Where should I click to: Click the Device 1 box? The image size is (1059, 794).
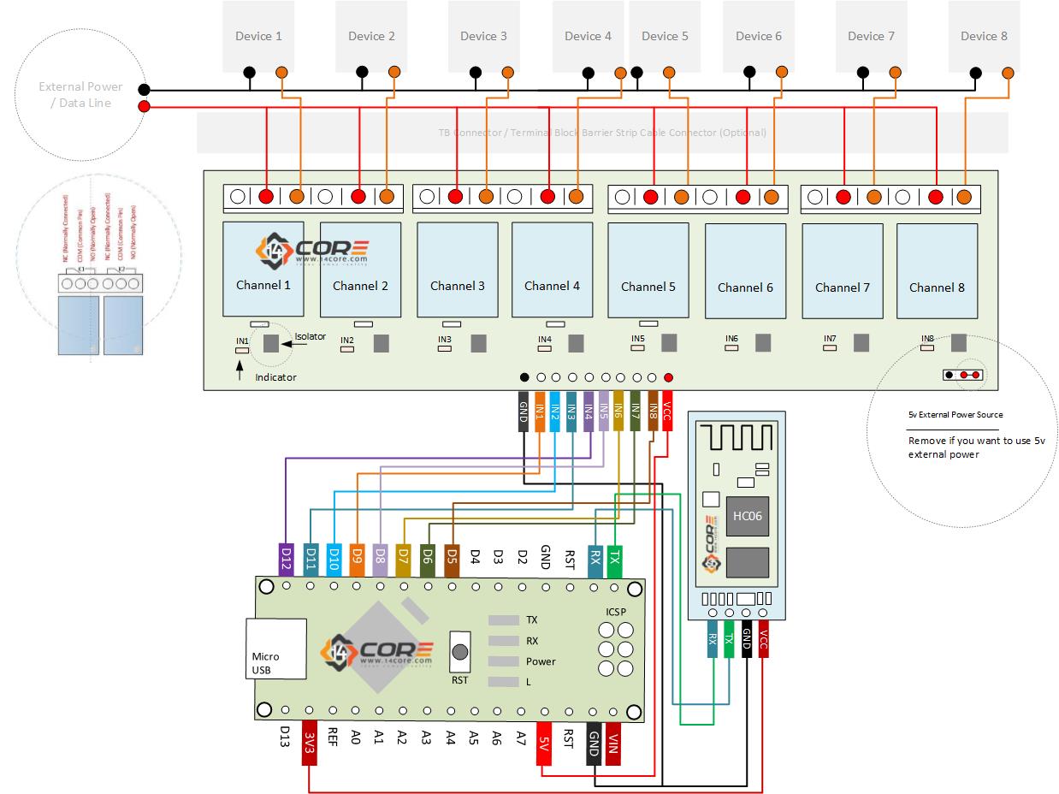258,36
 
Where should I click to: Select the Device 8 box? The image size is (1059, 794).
984,36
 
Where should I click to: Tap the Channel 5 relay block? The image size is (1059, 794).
648,270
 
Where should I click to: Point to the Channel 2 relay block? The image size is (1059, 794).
360,270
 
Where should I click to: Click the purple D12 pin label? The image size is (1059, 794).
286,560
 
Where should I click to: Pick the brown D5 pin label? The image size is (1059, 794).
452,560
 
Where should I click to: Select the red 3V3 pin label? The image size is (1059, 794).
310,746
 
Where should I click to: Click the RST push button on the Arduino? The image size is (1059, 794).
460,651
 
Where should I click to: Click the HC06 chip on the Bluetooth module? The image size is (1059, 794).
747,516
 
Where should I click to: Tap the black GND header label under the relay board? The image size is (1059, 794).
524,412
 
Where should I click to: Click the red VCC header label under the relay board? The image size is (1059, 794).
668,412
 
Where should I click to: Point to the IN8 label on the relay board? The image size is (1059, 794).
927,339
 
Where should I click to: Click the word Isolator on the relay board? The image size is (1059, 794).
311,336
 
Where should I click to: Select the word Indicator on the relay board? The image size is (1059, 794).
275,377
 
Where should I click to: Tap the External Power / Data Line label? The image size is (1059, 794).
80,94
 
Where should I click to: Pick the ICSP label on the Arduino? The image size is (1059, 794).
615,611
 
